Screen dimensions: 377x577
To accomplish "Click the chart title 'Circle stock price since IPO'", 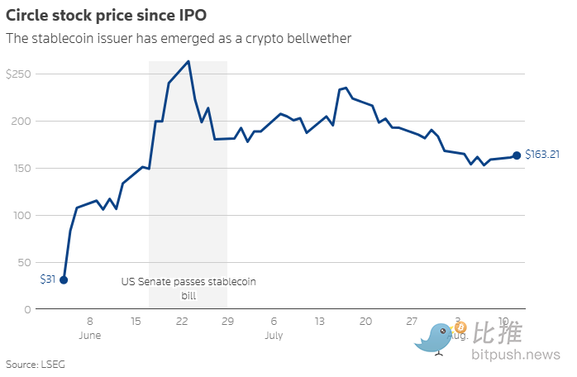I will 105,14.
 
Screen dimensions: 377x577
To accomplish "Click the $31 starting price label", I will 47,279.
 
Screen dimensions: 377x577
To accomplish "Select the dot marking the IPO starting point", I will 64,279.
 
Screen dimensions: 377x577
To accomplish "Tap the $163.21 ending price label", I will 543,155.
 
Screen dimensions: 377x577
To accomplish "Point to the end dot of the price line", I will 517,155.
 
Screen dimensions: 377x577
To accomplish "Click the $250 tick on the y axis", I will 17,74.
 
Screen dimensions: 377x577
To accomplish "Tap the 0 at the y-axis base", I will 26,310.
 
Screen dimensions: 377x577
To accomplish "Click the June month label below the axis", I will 89,336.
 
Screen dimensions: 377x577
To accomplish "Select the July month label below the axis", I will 274,336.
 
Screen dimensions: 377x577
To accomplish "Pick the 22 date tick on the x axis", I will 182,322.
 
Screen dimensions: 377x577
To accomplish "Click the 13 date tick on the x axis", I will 320,322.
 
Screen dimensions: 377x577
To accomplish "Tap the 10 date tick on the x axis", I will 504,322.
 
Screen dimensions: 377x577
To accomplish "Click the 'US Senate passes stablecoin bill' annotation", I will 188,289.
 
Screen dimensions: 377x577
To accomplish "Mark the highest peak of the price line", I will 189,61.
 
